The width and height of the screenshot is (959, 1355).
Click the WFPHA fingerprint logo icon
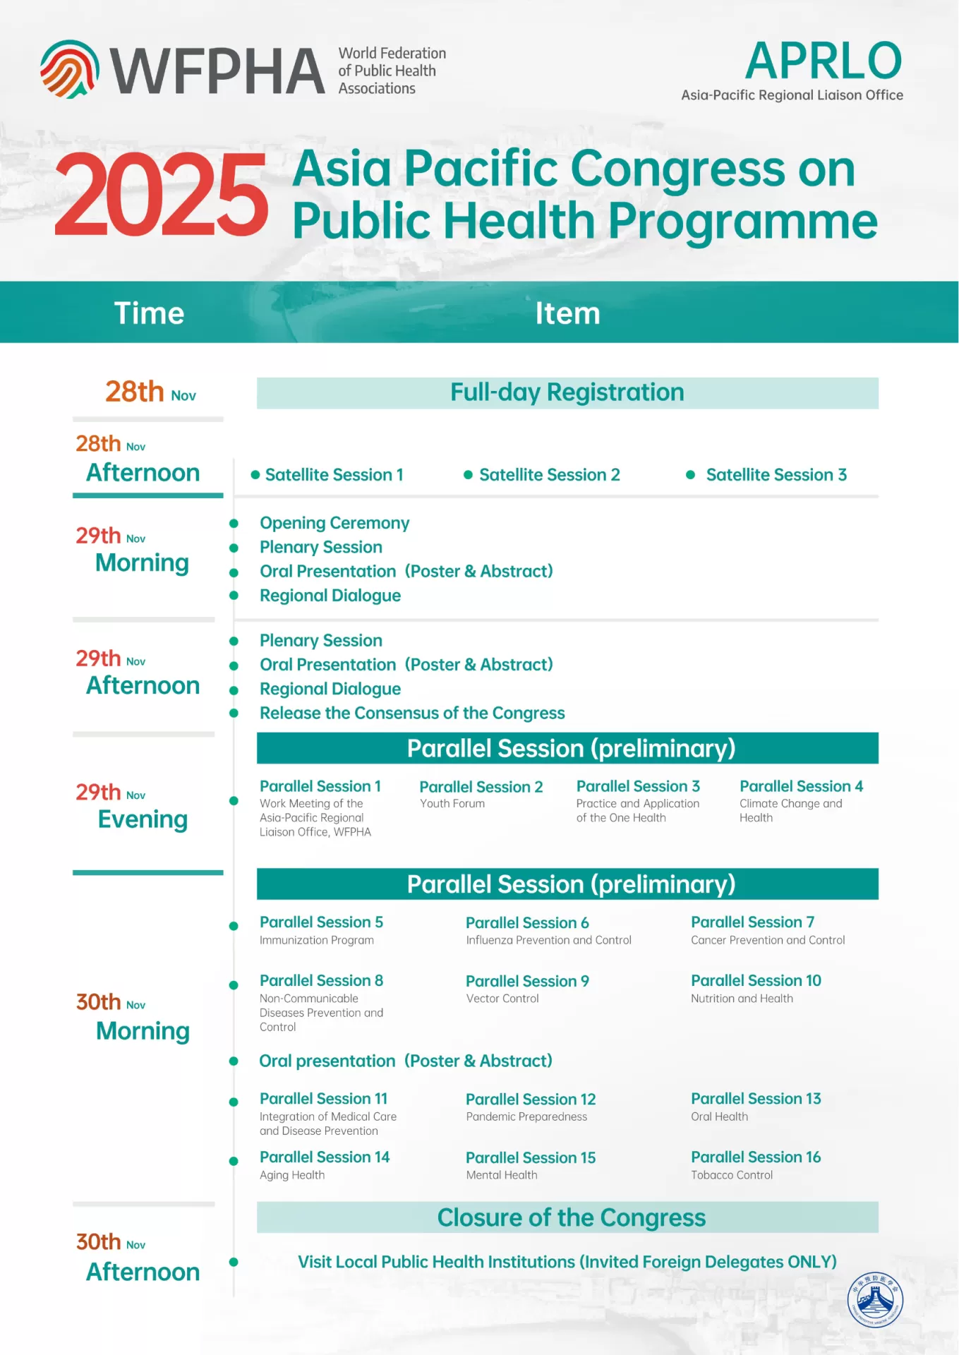click(x=69, y=69)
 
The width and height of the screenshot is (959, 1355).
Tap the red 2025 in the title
click(x=162, y=195)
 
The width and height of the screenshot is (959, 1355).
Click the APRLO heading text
click(x=823, y=61)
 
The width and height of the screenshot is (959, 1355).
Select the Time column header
click(x=149, y=313)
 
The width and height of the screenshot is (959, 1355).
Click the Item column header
click(x=567, y=313)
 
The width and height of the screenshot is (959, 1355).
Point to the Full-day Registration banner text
click(x=567, y=392)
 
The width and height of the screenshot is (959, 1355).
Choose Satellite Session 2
click(x=549, y=475)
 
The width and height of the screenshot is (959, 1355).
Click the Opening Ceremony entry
click(x=334, y=523)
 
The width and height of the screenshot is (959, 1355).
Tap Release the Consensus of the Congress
click(x=412, y=713)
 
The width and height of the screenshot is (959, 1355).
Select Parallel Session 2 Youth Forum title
click(x=481, y=787)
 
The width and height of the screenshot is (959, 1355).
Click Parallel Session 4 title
click(x=801, y=786)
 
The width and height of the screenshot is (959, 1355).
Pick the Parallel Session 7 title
click(x=752, y=922)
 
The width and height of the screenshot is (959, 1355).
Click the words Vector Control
click(x=502, y=999)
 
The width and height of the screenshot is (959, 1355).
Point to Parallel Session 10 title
click(x=756, y=981)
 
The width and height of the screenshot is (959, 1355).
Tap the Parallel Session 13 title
click(x=756, y=1099)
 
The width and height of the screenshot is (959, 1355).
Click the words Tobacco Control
click(x=732, y=1175)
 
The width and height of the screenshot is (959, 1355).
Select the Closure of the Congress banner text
click(x=571, y=1218)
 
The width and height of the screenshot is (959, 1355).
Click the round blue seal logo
click(x=875, y=1299)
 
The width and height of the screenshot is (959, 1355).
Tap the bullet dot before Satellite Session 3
click(x=691, y=475)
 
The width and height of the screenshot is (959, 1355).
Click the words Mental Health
click(x=502, y=1175)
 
